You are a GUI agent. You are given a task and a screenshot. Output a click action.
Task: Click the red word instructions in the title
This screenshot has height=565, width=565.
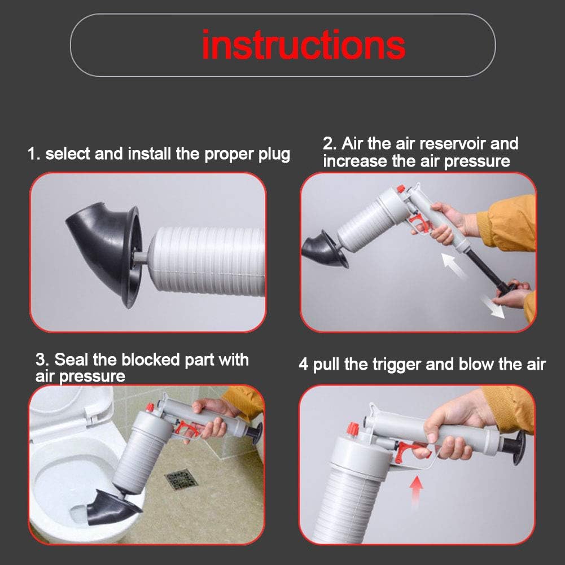point(304,45)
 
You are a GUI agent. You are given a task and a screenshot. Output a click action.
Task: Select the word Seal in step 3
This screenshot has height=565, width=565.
point(70,360)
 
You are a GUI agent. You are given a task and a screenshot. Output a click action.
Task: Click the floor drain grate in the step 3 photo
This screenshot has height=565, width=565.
point(182,480)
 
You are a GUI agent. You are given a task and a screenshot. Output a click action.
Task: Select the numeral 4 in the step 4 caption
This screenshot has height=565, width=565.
point(304,364)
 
